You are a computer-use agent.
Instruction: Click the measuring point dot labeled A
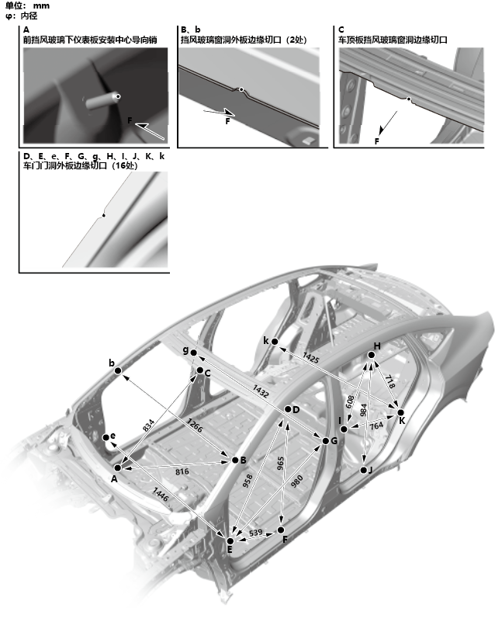tap(118, 468)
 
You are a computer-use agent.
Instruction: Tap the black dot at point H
tap(372, 356)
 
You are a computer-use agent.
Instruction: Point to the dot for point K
tap(400, 412)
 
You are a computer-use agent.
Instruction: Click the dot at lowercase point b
tap(118, 371)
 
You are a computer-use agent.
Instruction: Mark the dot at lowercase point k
tap(274, 342)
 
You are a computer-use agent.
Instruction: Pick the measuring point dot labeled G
tap(325, 441)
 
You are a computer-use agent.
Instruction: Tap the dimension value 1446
tap(160, 492)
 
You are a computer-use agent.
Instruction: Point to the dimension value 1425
tap(310, 358)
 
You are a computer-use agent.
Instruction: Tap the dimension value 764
tap(376, 426)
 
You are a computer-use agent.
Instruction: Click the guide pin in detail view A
tap(102, 100)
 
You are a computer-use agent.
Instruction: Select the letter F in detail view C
tap(376, 141)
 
